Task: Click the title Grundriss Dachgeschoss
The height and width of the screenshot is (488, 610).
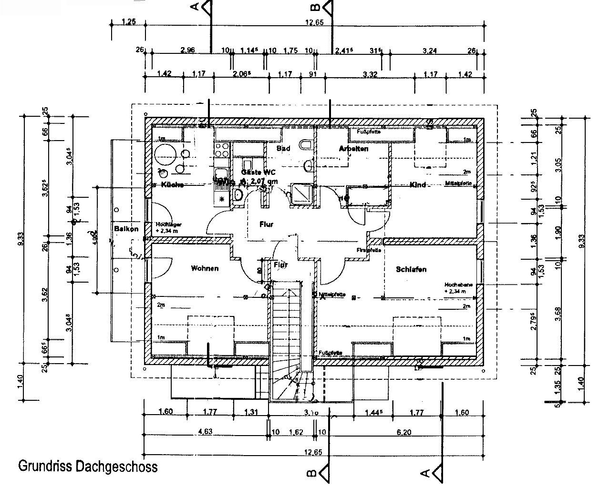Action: [87, 466]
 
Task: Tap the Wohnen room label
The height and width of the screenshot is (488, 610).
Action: [205, 268]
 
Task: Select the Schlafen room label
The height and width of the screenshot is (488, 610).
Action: [411, 269]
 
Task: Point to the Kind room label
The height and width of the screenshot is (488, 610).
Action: [417, 185]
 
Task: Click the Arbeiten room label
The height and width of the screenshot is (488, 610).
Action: [353, 149]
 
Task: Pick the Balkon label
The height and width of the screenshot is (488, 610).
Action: [126, 229]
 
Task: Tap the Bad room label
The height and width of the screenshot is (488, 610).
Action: [283, 149]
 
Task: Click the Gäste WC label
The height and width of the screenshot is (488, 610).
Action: [258, 172]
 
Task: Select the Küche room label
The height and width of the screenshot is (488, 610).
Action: [172, 185]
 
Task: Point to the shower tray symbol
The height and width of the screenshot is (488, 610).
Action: [301, 192]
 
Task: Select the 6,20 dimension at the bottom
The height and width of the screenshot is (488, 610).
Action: [403, 432]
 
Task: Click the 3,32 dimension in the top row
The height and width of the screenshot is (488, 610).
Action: [370, 74]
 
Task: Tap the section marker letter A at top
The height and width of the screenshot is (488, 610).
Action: [195, 7]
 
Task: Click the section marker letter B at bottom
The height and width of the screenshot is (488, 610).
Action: [310, 473]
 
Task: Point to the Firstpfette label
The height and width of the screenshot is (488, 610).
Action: [369, 250]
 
